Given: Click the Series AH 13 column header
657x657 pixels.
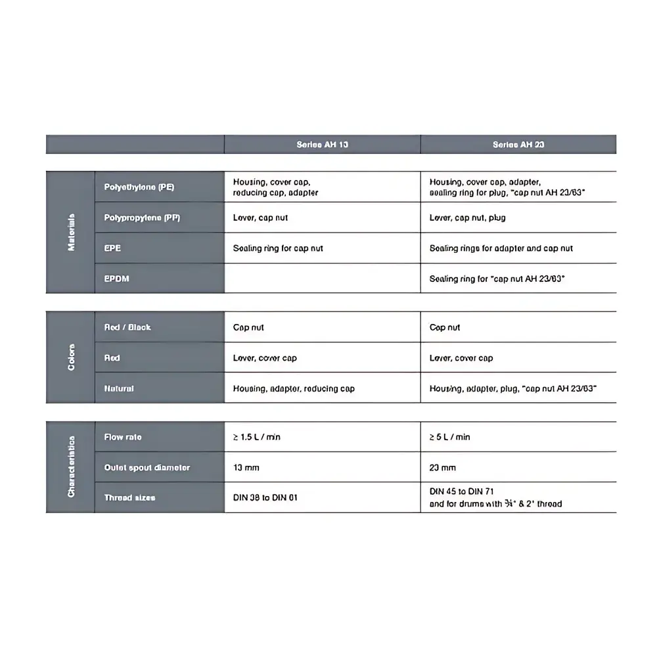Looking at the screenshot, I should coord(322,145).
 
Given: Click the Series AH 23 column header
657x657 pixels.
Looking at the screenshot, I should coord(518,145).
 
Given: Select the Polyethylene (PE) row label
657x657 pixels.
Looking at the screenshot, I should coord(139,187).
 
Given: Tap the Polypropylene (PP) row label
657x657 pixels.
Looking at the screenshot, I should coord(141,217).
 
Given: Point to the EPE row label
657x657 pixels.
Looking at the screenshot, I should coord(112,248).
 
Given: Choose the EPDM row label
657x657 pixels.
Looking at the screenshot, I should coord(116,279).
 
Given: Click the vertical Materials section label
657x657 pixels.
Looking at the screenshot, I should coord(71,232).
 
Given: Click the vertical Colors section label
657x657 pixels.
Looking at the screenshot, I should coord(71,357).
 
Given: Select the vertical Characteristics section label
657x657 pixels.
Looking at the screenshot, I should coord(71,466).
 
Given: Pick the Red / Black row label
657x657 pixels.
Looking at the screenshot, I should coord(127,327).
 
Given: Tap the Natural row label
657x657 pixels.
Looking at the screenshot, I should coord(119,388).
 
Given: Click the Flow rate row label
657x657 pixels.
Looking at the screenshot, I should coord(123,437).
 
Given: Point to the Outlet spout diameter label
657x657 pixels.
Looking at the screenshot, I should coord(147,468).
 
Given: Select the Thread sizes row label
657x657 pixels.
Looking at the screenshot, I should coord(129,498).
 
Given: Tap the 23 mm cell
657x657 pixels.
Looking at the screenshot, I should coord(442,468).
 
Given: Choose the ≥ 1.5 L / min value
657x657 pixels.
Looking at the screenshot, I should coord(256,437).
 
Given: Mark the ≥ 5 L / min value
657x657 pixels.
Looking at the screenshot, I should coord(449,437).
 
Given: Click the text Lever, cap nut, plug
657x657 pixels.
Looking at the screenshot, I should coord(467,217).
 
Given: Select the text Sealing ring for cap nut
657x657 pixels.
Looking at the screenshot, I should coord(278,248).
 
